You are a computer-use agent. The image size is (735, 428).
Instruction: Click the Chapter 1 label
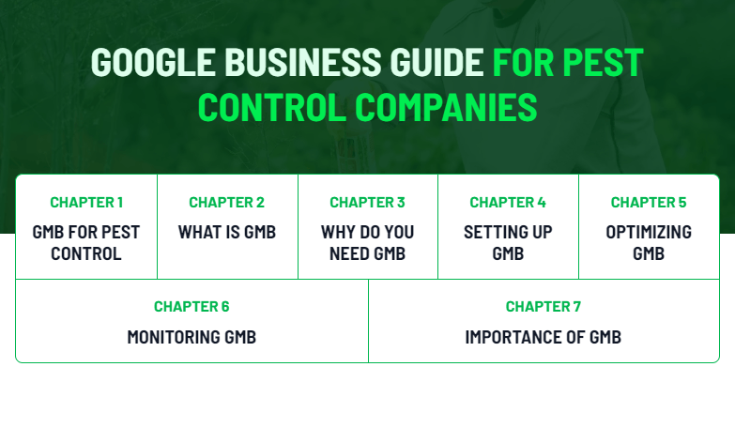tap(86, 202)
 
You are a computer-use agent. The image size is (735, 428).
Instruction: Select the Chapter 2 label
tap(226, 202)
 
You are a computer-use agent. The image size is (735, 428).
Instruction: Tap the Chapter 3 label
tap(367, 202)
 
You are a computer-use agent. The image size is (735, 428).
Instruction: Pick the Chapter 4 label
tap(508, 202)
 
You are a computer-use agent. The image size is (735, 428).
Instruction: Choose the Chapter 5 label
tap(649, 202)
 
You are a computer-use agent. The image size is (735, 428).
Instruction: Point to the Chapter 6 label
tap(191, 306)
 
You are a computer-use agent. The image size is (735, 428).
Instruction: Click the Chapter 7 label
tap(544, 306)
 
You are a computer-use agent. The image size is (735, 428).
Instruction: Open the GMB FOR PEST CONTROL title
tap(86, 242)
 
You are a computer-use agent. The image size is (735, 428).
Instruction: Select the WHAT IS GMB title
tap(226, 232)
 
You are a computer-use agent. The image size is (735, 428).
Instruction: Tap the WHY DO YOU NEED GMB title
tap(367, 242)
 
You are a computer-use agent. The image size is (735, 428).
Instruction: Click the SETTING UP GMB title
tap(508, 242)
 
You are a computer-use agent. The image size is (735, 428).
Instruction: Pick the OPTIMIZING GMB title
tap(649, 242)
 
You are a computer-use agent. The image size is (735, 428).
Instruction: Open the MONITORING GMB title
tap(191, 337)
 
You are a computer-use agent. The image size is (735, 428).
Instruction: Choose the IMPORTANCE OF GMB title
tap(544, 337)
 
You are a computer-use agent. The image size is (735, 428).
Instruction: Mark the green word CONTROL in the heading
tap(272, 107)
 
